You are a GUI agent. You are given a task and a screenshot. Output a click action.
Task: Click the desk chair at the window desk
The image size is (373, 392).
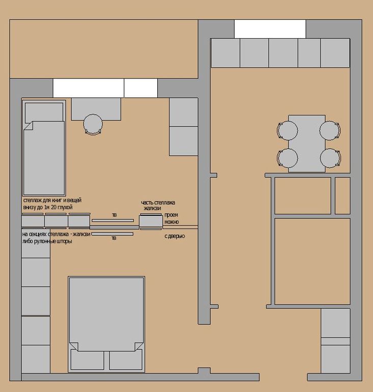(x=93, y=124)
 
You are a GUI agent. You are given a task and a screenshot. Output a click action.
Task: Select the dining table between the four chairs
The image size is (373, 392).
(x=307, y=144)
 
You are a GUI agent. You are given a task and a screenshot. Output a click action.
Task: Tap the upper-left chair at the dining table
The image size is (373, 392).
(x=288, y=130)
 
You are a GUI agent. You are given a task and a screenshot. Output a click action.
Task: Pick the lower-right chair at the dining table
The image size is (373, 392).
(x=330, y=158)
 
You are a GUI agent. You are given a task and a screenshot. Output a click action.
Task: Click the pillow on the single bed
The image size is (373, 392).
(x=44, y=112)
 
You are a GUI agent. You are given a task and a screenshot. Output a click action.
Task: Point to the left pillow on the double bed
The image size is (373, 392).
(x=87, y=359)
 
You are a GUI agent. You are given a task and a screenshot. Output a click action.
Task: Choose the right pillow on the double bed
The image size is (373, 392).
(x=126, y=359)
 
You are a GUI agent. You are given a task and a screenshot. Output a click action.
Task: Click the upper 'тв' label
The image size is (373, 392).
(x=114, y=215)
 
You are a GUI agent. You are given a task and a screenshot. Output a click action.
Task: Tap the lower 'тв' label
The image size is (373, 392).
(x=114, y=238)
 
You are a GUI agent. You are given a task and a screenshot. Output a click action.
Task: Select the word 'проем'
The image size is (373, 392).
(x=171, y=215)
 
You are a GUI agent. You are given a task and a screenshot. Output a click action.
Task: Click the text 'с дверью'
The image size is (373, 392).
(x=175, y=236)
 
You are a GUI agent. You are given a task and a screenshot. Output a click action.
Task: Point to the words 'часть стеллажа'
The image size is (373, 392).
(x=158, y=203)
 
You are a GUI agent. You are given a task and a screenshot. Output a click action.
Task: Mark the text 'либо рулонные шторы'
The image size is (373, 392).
(x=47, y=241)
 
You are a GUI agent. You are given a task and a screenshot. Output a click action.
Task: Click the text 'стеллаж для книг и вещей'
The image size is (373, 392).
(x=52, y=200)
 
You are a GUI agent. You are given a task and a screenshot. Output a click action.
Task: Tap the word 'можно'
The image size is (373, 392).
(x=171, y=222)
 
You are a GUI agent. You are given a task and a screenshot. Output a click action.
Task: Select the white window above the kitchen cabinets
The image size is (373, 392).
(x=270, y=29)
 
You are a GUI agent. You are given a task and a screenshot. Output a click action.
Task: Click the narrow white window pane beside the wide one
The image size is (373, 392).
(x=141, y=88)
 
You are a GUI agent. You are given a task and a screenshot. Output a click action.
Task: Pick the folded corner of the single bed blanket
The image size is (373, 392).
(x=28, y=126)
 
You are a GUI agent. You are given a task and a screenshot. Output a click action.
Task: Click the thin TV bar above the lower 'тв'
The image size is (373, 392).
(x=112, y=234)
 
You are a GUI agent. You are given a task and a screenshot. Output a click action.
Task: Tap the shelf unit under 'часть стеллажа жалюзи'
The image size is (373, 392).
(x=151, y=221)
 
